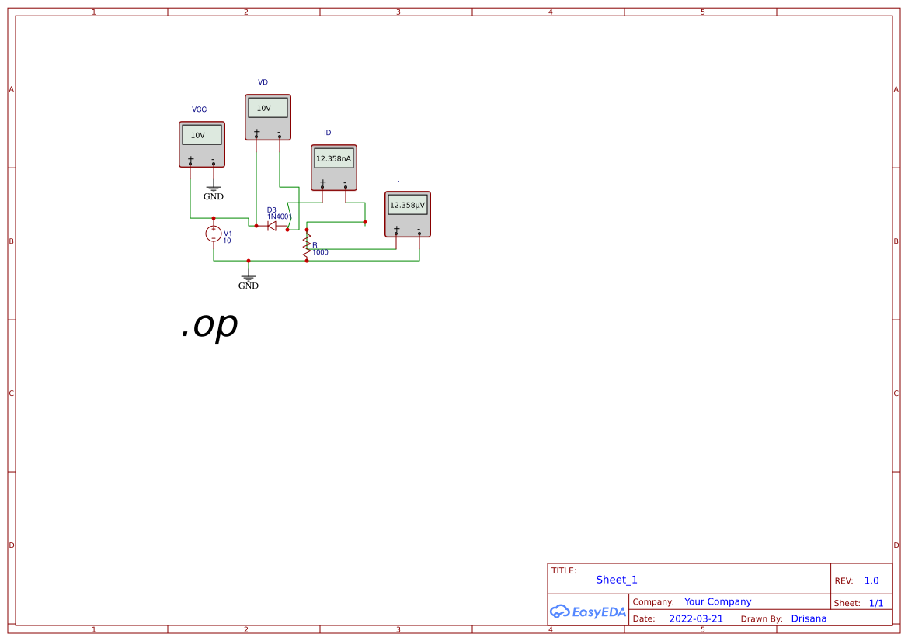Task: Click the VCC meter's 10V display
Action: [201, 135]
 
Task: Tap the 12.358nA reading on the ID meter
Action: [333, 158]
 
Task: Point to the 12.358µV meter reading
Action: [407, 205]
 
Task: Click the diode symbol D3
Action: [272, 226]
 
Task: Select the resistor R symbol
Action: [307, 245]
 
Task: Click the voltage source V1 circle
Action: [214, 234]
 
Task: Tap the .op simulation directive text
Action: [209, 326]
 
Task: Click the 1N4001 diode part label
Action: [280, 217]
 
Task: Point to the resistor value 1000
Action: [320, 252]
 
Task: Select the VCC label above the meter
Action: [200, 109]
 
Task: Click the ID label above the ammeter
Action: [328, 133]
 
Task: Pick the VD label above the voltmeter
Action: [263, 82]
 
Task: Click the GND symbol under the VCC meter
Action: [214, 191]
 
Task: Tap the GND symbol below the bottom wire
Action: [249, 280]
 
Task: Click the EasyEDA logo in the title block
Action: [588, 612]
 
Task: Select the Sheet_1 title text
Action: [617, 580]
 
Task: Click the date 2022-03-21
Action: [696, 618]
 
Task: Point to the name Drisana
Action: [809, 618]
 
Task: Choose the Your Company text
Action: [718, 601]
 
